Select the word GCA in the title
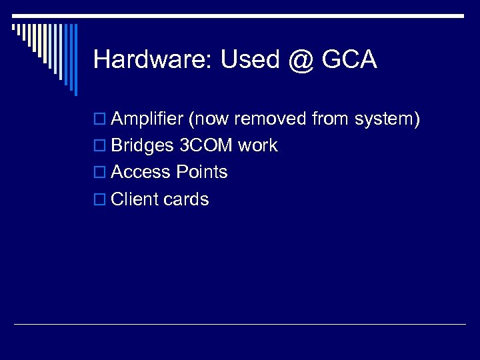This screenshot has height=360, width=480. pyautogui.click(x=349, y=60)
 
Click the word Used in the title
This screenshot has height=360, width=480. pyautogui.click(x=241, y=60)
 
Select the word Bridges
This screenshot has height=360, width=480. pyautogui.click(x=143, y=146)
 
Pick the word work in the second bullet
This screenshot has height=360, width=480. pyautogui.click(x=257, y=146)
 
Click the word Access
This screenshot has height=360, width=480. pyautogui.click(x=141, y=172)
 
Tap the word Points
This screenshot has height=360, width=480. pyautogui.click(x=202, y=172)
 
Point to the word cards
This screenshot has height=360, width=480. pyautogui.click(x=186, y=199)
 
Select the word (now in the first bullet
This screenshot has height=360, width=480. pyautogui.click(x=209, y=119)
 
